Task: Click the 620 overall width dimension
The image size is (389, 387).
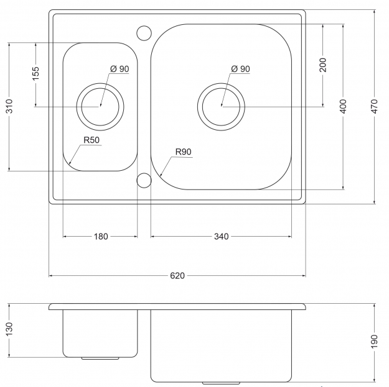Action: point(177,275)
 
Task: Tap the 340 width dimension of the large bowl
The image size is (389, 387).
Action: point(221,236)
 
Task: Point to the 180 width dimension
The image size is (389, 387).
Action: point(101,236)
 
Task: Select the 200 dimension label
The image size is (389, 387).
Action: point(323,65)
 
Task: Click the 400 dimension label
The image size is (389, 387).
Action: point(343,106)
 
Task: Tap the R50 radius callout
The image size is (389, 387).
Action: point(91,140)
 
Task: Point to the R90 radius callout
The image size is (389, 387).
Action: point(183,152)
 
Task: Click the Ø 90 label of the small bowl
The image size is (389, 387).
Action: point(119,69)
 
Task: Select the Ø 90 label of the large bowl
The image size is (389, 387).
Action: point(240,69)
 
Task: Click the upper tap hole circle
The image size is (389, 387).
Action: point(144,32)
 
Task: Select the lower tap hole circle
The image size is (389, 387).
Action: point(144,181)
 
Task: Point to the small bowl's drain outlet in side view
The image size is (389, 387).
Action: point(100,358)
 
